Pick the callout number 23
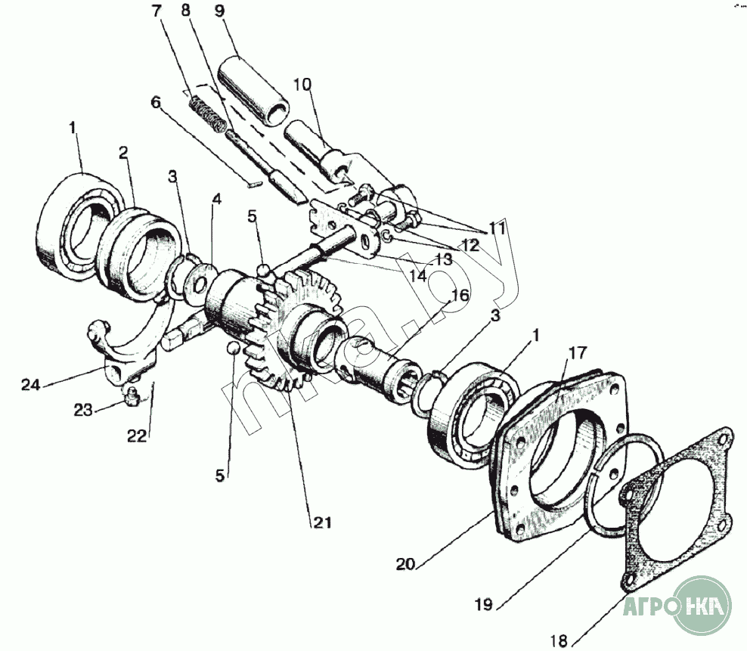pyautogui.click(x=82, y=410)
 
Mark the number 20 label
pyautogui.click(x=404, y=563)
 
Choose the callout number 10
pyautogui.click(x=302, y=84)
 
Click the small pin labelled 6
pyautogui.click(x=255, y=181)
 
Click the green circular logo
pyautogui.click(x=704, y=604)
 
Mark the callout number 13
pyautogui.click(x=443, y=258)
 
